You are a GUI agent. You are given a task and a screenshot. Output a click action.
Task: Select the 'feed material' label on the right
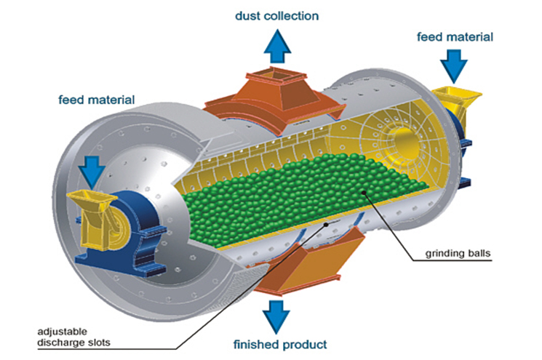[455, 36]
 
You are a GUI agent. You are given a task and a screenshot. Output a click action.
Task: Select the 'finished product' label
[280, 343]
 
